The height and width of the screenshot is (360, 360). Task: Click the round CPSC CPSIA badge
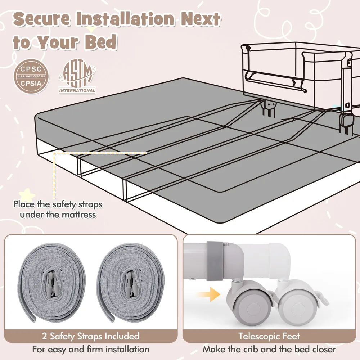point(31,76)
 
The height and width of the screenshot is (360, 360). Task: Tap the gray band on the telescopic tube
point(215,261)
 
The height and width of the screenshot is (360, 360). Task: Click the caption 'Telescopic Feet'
point(269,336)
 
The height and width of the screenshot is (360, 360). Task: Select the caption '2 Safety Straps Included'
point(90,336)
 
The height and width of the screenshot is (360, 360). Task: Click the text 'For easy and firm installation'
point(91,350)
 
